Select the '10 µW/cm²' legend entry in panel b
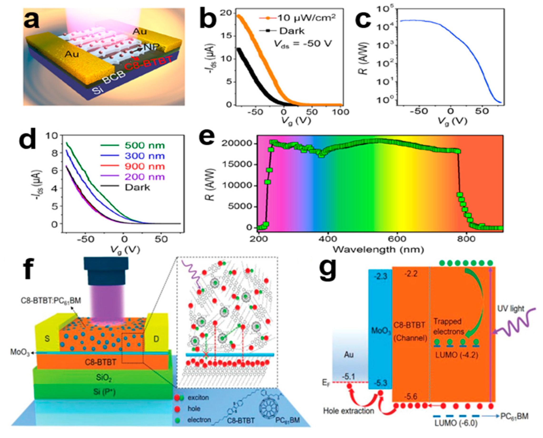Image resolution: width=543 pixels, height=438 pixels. (306, 18)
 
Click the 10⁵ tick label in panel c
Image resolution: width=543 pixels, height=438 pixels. (384, 10)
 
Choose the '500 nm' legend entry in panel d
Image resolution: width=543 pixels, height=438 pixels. (145, 145)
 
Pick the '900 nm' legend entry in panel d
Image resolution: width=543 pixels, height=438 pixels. (145, 166)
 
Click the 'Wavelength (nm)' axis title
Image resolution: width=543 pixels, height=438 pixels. (378, 249)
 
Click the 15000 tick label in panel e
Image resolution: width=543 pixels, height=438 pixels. (237, 164)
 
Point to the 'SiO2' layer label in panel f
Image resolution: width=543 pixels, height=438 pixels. (104, 378)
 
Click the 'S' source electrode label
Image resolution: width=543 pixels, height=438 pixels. (47, 338)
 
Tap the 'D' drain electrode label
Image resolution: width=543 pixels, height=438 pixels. (156, 339)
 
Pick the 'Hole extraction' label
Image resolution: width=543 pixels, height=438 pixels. (349, 411)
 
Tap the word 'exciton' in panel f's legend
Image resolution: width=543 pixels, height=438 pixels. (198, 398)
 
